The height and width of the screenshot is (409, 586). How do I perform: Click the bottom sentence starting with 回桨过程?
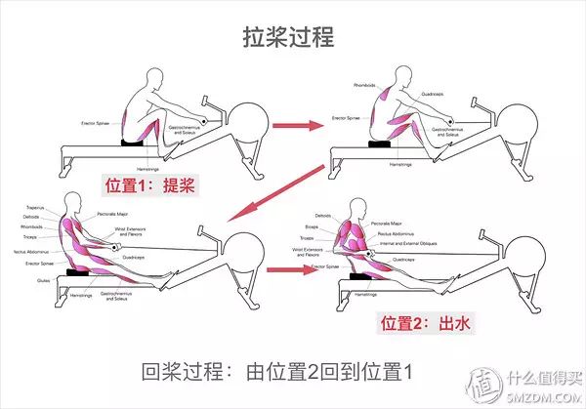pyautogui.click(x=277, y=373)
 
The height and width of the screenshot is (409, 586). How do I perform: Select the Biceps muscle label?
pyautogui.click(x=310, y=226)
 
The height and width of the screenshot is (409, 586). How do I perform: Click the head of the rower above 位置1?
pyautogui.click(x=153, y=79)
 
